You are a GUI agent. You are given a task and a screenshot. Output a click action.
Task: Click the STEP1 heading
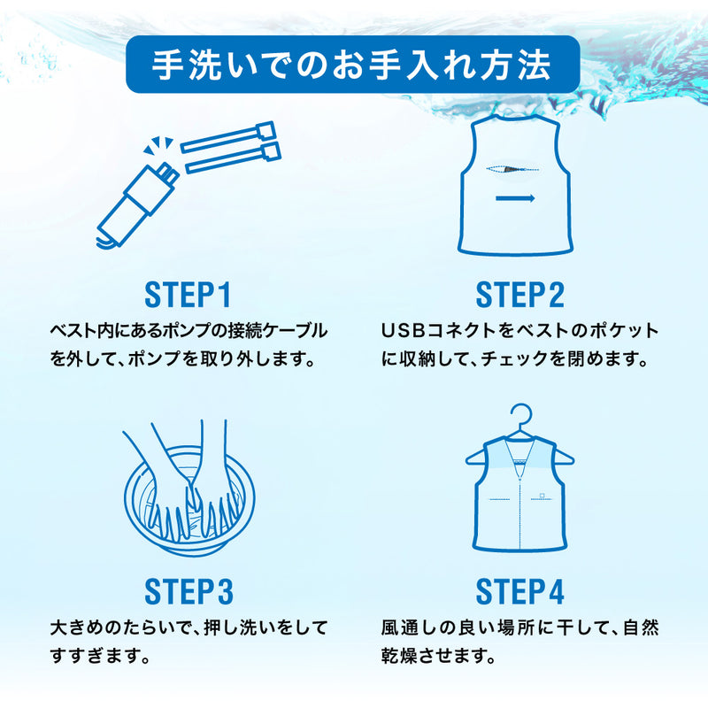(x=188, y=296)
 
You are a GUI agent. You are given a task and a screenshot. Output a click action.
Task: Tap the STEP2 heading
(x=520, y=296)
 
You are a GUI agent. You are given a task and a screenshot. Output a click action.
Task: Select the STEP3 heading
(x=189, y=591)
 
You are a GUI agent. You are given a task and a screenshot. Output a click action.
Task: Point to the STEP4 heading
(x=520, y=591)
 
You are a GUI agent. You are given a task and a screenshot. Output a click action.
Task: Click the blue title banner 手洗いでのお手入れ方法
(x=352, y=65)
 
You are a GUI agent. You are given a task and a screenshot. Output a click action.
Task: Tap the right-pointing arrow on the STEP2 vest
(x=515, y=198)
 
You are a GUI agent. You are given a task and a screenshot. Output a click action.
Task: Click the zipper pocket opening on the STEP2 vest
(x=512, y=169)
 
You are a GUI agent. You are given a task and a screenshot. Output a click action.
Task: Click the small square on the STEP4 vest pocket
(x=542, y=496)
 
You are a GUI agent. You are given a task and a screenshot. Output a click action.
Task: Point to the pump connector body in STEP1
(x=135, y=204)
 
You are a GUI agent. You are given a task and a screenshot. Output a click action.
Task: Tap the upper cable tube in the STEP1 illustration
(x=228, y=137)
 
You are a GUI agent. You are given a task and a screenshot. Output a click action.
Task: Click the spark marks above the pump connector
(x=158, y=145)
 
